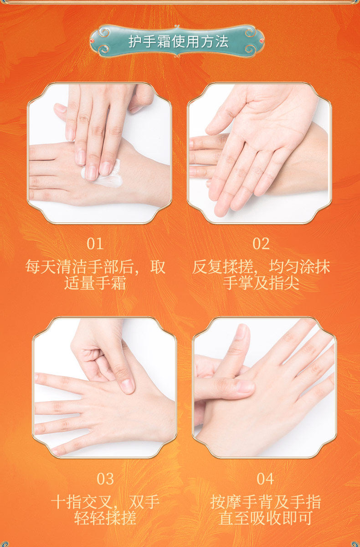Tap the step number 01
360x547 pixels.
(95, 244)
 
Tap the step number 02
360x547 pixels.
(261, 244)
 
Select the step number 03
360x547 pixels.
(105, 479)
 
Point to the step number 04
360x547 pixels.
(265, 479)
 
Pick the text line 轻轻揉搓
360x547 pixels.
(105, 518)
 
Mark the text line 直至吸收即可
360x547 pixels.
(265, 518)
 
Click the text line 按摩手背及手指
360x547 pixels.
(266, 502)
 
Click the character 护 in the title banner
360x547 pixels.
(134, 42)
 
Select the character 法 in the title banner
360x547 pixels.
(221, 42)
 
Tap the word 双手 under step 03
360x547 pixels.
(145, 502)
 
